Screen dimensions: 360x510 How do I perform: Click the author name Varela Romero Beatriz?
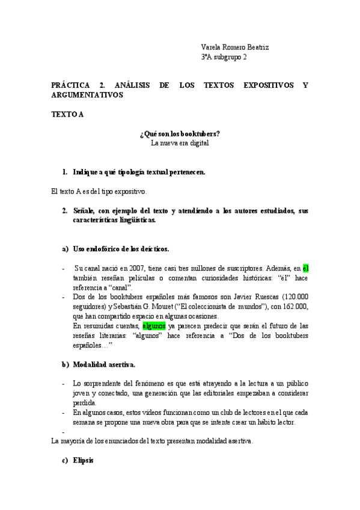tap(235, 47)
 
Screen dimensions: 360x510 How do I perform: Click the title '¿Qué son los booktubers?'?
tap(180, 134)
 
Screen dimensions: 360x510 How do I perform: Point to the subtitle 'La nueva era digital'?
tap(180, 143)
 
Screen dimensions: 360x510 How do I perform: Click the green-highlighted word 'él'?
tap(305, 268)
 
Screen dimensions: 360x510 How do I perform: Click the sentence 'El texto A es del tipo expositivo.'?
tap(99, 191)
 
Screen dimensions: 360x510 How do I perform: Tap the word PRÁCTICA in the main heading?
tap(71, 85)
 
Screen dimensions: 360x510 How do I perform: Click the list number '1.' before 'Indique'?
tap(65, 172)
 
